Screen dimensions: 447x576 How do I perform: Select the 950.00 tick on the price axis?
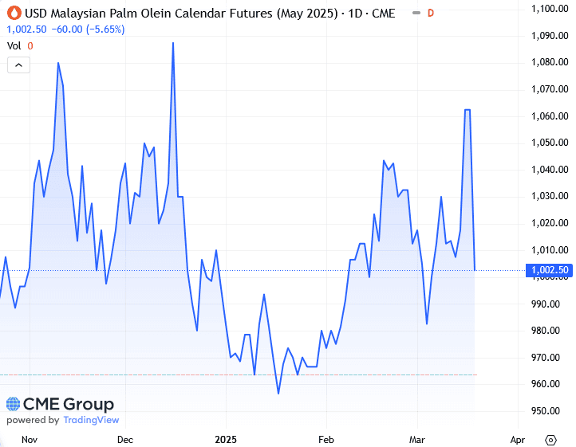[x=550, y=411]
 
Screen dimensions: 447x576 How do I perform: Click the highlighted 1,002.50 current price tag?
[x=549, y=270]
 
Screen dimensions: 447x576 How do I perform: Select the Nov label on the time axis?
[x=30, y=439]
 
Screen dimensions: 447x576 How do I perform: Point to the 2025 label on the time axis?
[x=226, y=439]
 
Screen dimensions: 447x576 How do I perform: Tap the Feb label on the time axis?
[x=325, y=439]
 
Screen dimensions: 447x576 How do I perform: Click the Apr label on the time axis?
[x=517, y=439]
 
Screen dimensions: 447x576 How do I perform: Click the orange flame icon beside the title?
[x=13, y=13]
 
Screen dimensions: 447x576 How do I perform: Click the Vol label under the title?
[x=14, y=45]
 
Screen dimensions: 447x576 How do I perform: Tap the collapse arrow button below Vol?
[x=18, y=65]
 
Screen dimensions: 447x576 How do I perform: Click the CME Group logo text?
[x=61, y=405]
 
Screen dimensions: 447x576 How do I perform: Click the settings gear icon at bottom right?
[x=550, y=439]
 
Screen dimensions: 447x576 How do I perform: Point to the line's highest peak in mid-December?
[x=173, y=43]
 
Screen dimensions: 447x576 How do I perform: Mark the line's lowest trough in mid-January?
[x=278, y=393]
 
